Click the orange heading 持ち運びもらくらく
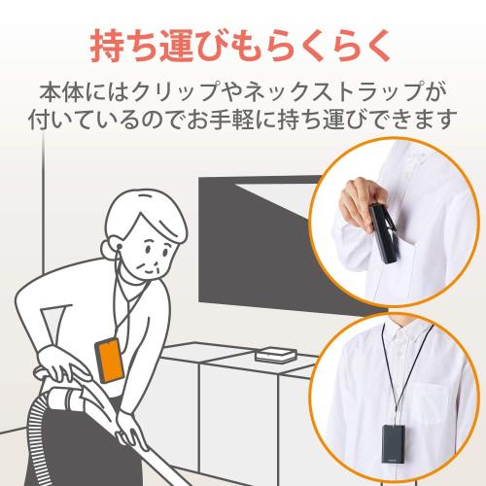click(243, 45)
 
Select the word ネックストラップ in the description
click(341, 95)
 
